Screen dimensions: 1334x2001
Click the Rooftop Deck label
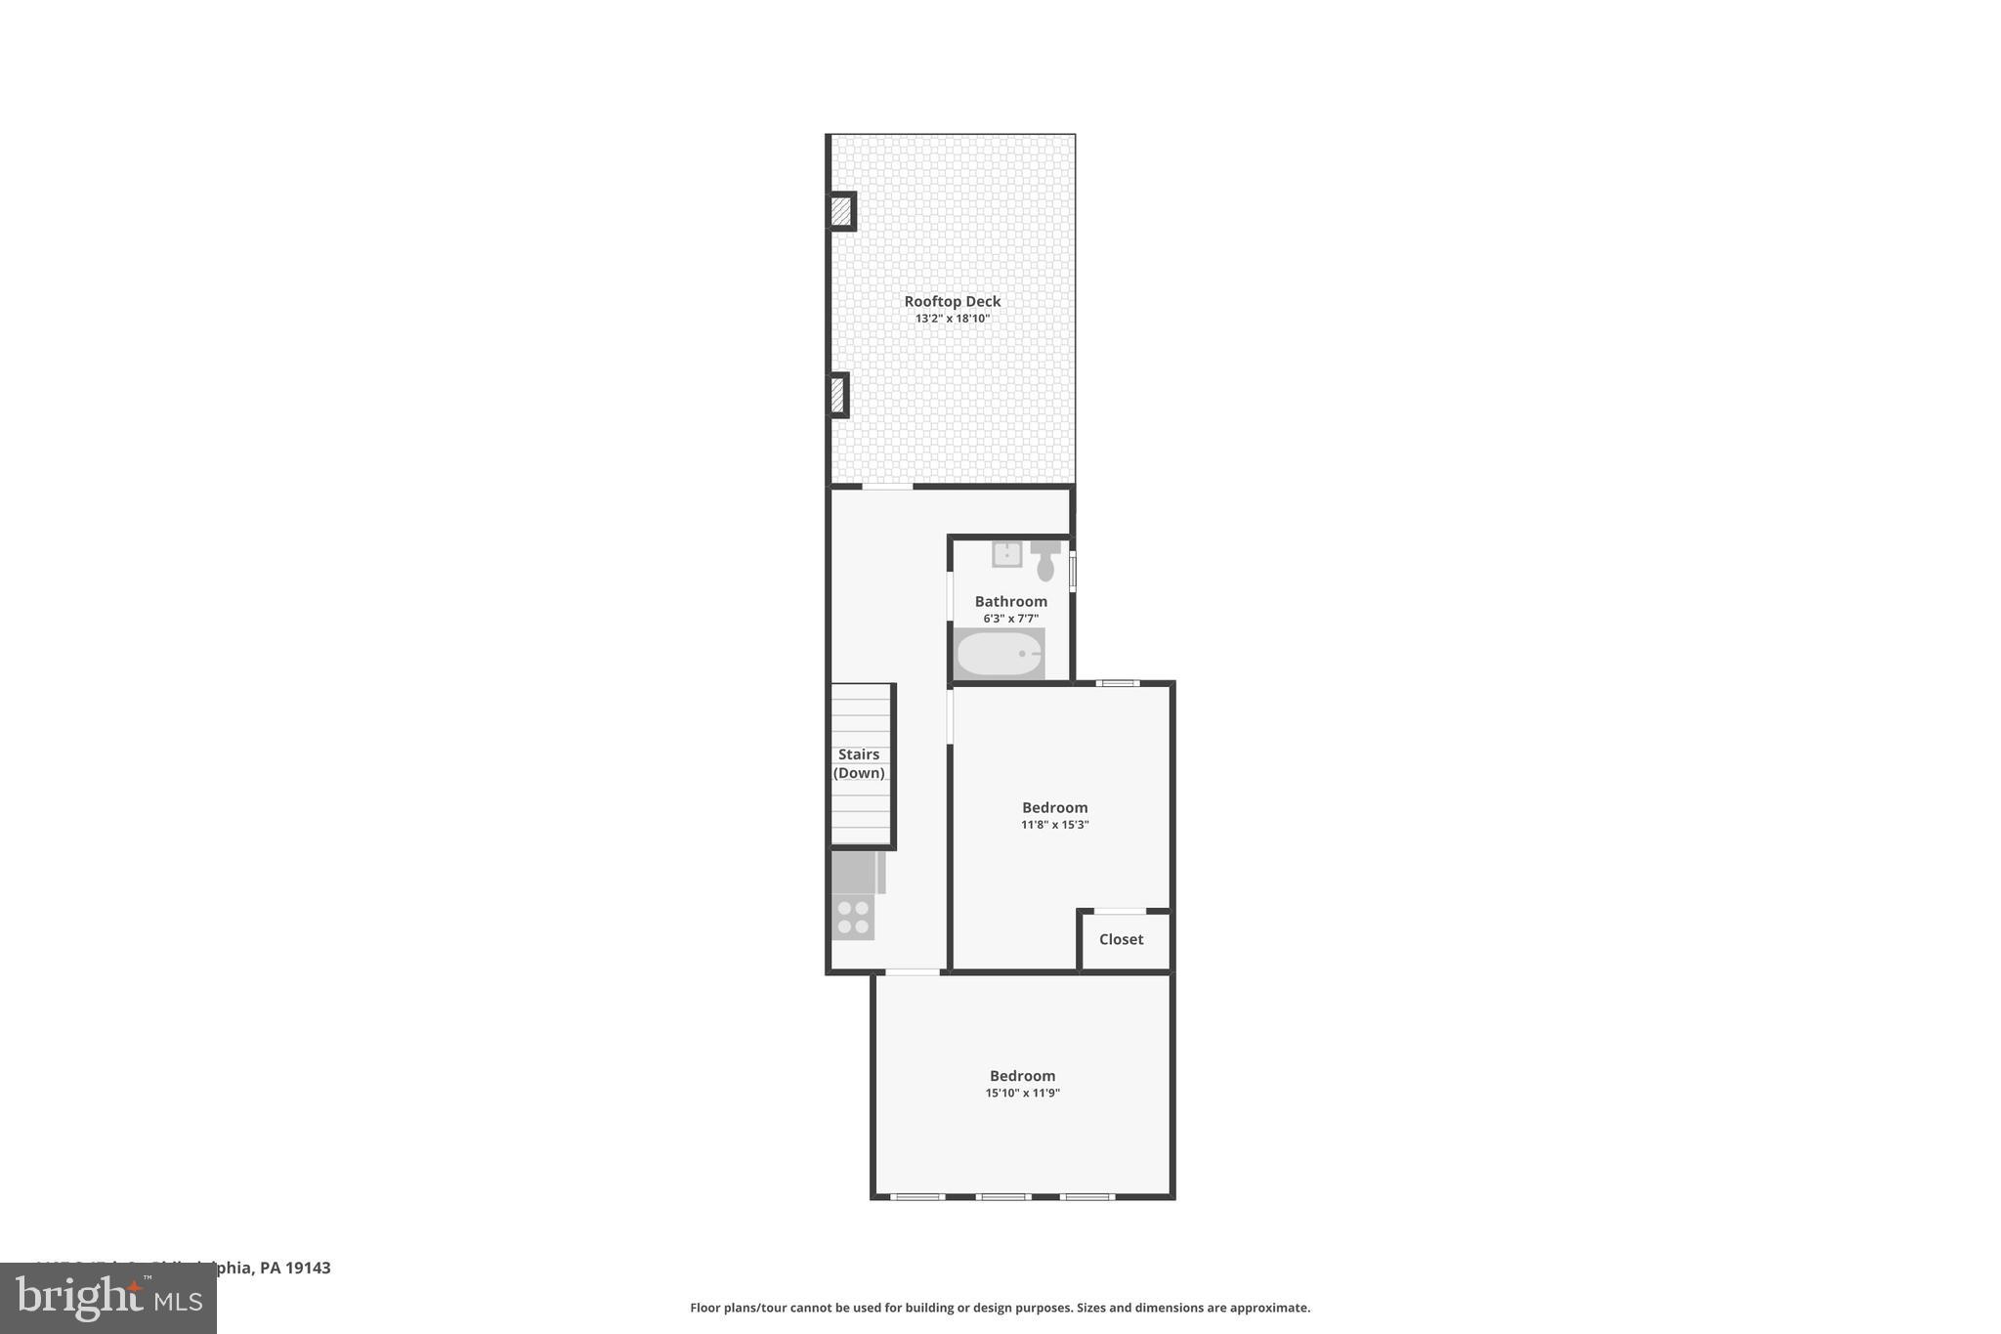(952, 301)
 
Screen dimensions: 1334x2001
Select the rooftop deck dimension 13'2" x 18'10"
(952, 319)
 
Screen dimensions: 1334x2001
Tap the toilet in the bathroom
(1044, 561)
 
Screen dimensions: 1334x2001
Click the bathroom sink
(1006, 554)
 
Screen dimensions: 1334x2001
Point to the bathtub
(999, 654)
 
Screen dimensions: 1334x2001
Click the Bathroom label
(1010, 601)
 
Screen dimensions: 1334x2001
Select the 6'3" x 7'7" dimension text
(1010, 619)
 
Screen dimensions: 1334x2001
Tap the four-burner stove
(853, 917)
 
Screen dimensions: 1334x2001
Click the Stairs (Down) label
(859, 763)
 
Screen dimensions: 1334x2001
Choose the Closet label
(1121, 939)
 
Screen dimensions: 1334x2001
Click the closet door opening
(1120, 912)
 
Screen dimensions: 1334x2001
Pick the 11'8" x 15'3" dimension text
(1054, 825)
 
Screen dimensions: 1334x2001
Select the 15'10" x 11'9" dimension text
(1022, 1094)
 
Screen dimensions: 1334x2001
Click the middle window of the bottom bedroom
(1002, 1196)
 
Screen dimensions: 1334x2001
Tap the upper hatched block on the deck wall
(840, 211)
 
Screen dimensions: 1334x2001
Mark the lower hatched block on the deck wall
(837, 395)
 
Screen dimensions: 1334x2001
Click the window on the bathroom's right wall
(1072, 572)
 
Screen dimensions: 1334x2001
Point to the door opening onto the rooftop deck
(887, 486)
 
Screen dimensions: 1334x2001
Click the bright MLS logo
(108, 1299)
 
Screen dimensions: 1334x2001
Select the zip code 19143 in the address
(308, 1268)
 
